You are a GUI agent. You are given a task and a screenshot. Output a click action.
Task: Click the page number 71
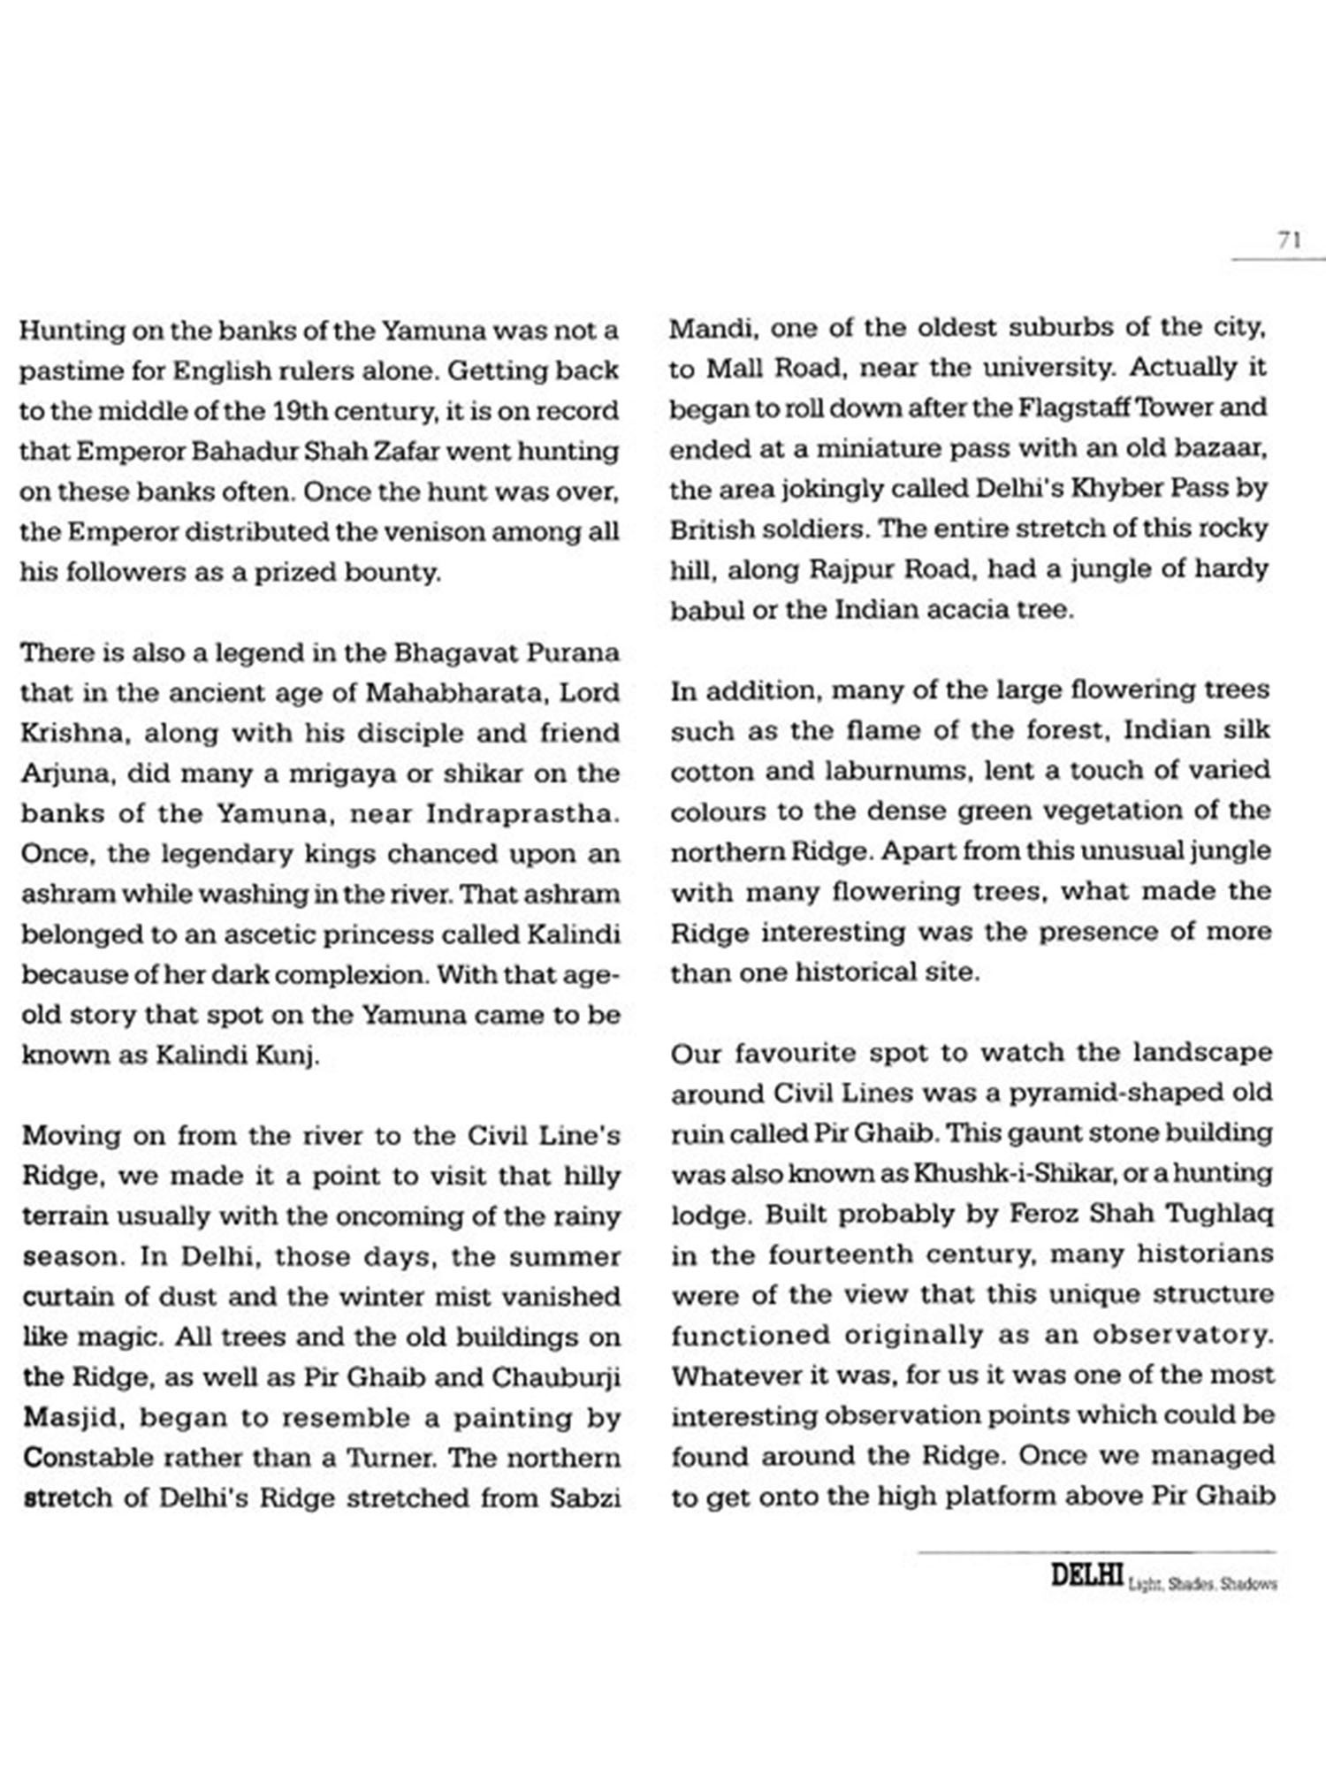[x=1289, y=240]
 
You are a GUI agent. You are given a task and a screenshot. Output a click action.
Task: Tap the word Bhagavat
[x=456, y=653]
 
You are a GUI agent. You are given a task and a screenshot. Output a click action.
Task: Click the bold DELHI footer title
[x=1086, y=1575]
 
